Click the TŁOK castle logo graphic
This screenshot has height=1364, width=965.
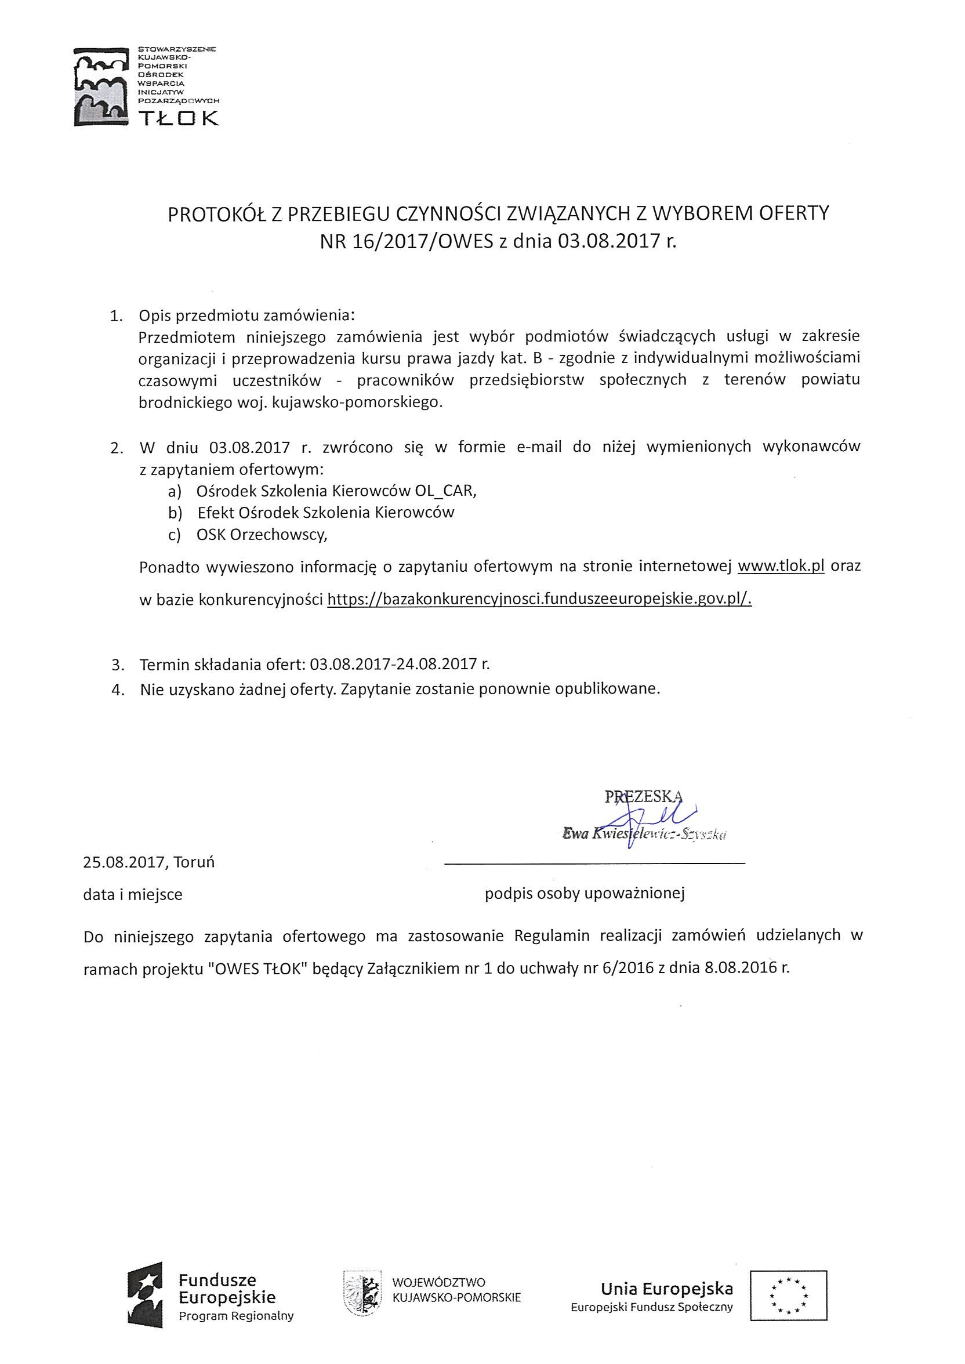click(100, 86)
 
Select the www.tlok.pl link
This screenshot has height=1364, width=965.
click(780, 565)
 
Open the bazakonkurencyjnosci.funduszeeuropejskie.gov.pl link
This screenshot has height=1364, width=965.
click(539, 599)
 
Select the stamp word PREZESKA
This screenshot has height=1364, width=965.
click(643, 797)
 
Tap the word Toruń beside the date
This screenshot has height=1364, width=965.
click(194, 862)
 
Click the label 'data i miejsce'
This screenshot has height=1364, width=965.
click(132, 894)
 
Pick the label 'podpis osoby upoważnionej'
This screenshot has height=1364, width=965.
click(585, 894)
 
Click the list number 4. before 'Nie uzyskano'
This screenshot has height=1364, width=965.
click(117, 690)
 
